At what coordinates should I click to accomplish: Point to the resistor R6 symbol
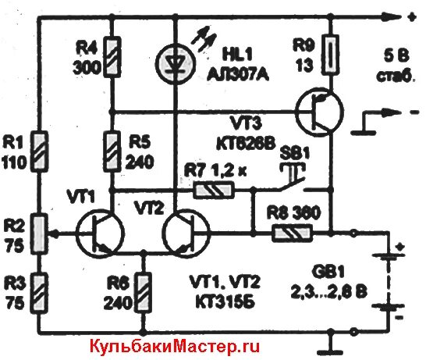point(143,289)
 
